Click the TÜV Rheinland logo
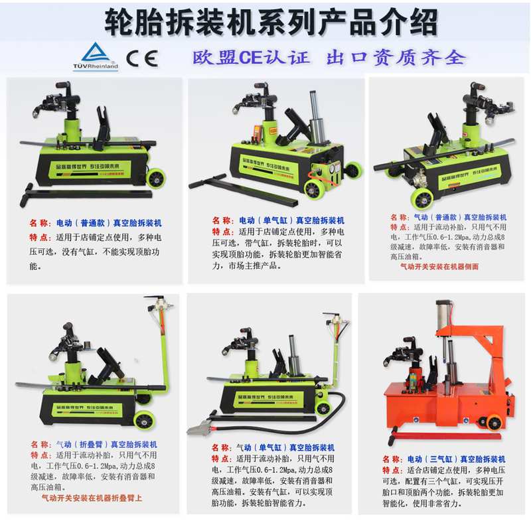click(98, 56)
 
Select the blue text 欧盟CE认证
click(252, 57)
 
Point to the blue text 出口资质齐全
click(396, 57)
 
